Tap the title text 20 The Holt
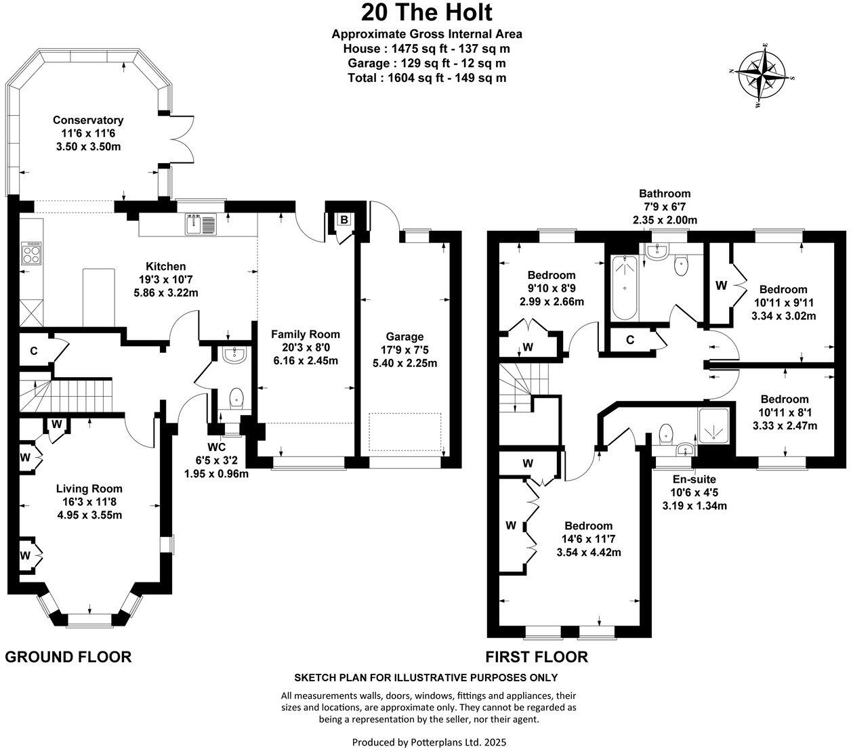click(x=426, y=12)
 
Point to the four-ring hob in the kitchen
click(x=30, y=253)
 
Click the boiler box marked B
click(x=344, y=219)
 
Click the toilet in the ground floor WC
click(x=236, y=397)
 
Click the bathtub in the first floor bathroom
click(x=623, y=288)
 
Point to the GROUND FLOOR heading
click(x=68, y=656)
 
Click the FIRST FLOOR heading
click(x=537, y=656)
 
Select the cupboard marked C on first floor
click(x=629, y=340)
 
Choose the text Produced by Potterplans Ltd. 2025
click(x=429, y=742)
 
